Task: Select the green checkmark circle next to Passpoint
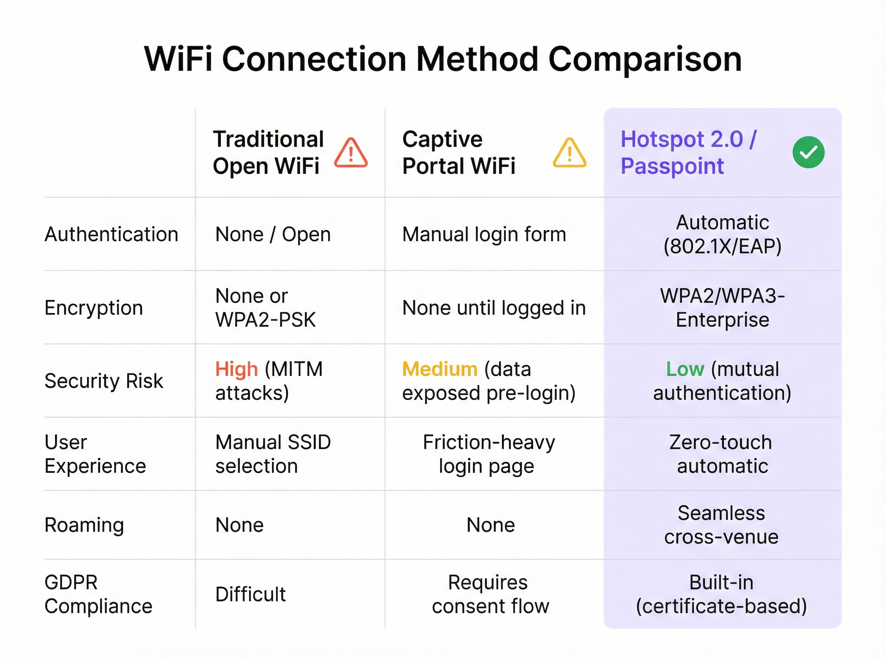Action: coord(808,152)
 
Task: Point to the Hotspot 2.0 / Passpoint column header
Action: coord(688,152)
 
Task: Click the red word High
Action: coord(236,369)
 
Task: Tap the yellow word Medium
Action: coord(440,369)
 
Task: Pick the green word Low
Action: coord(685,369)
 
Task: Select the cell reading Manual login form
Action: coord(484,235)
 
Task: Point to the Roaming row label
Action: coord(84,525)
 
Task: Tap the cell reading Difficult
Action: coord(251,594)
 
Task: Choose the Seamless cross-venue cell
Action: coord(721,525)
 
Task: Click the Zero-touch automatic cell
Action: coord(721,454)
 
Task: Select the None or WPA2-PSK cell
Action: coord(265,308)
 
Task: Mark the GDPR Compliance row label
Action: coord(99,594)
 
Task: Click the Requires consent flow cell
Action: coord(491,594)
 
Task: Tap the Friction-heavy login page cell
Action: coord(488,454)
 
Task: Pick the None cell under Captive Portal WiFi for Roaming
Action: coord(491,525)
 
